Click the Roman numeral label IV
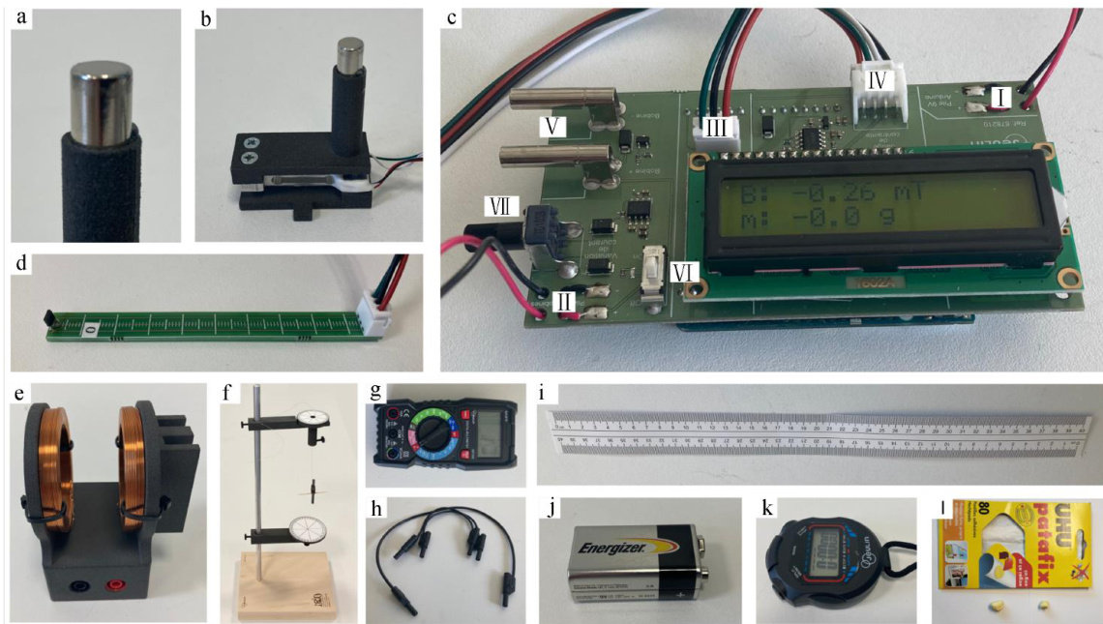tap(876, 77)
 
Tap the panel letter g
tap(374, 391)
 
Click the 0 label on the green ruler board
tap(89, 329)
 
